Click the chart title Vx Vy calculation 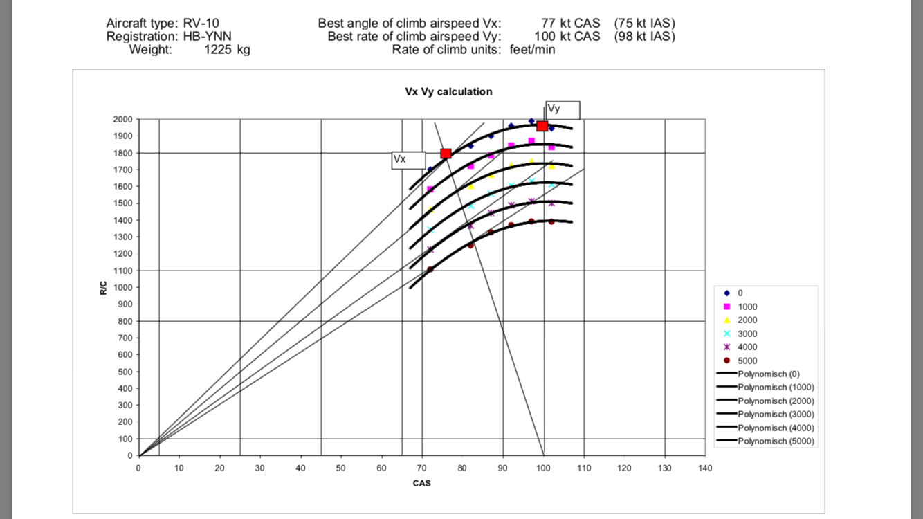pyautogui.click(x=449, y=91)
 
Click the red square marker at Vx pyautogui.click(x=446, y=154)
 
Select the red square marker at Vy pyautogui.click(x=542, y=126)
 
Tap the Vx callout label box pyautogui.click(x=408, y=160)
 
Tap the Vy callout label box pyautogui.click(x=563, y=110)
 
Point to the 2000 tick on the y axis pyautogui.click(x=122, y=119)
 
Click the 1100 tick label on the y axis pyautogui.click(x=122, y=271)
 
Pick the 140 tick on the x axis pyautogui.click(x=705, y=468)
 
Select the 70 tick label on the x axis pyautogui.click(x=422, y=468)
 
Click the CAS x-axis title pyautogui.click(x=421, y=483)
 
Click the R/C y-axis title pyautogui.click(x=103, y=287)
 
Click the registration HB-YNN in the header pyautogui.click(x=208, y=36)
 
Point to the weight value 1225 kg pyautogui.click(x=227, y=49)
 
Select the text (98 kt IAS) pyautogui.click(x=644, y=36)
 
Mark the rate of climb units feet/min pyautogui.click(x=532, y=49)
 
